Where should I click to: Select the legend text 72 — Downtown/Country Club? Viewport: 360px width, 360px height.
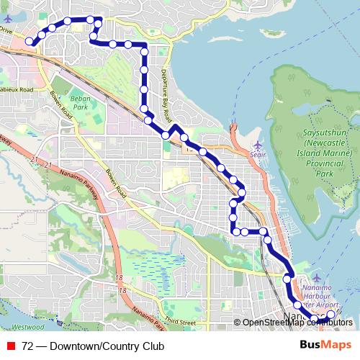coord(93,346)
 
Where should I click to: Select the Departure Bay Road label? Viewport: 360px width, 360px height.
coord(166,94)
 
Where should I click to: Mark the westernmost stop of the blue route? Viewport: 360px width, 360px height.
coord(30,42)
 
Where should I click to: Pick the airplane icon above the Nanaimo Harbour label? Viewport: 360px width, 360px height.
coord(320,278)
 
